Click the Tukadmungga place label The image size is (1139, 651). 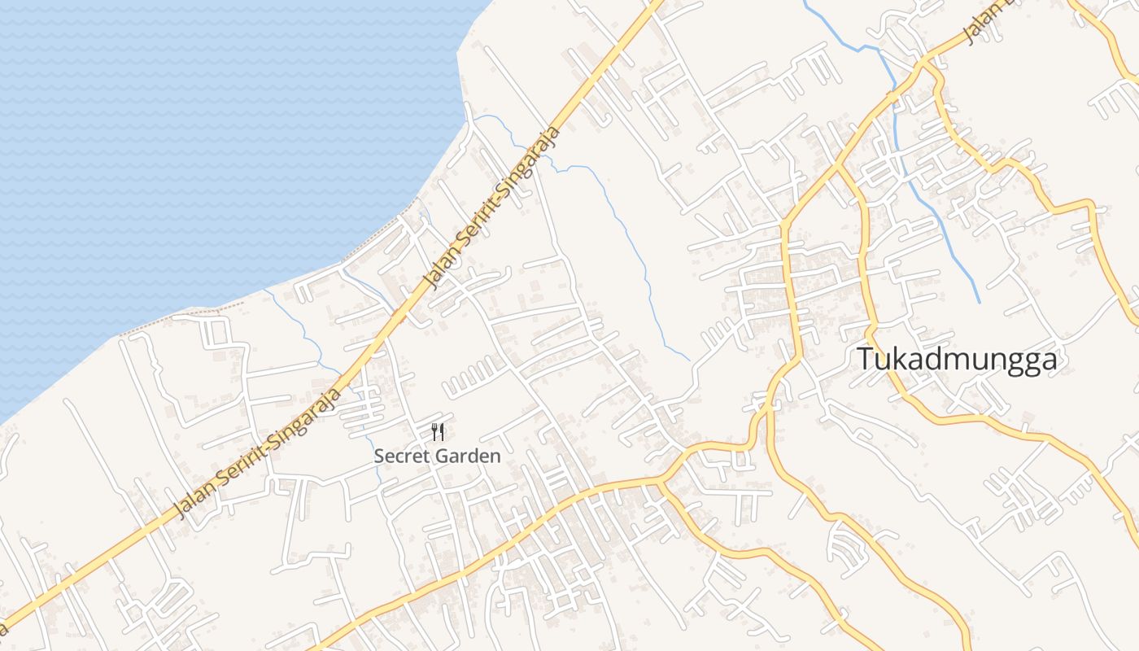[958, 359]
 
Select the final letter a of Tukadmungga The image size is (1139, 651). [1049, 360]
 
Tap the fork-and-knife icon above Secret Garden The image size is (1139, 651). [438, 432]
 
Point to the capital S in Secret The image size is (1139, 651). [379, 457]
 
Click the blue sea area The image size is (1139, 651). [203, 146]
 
